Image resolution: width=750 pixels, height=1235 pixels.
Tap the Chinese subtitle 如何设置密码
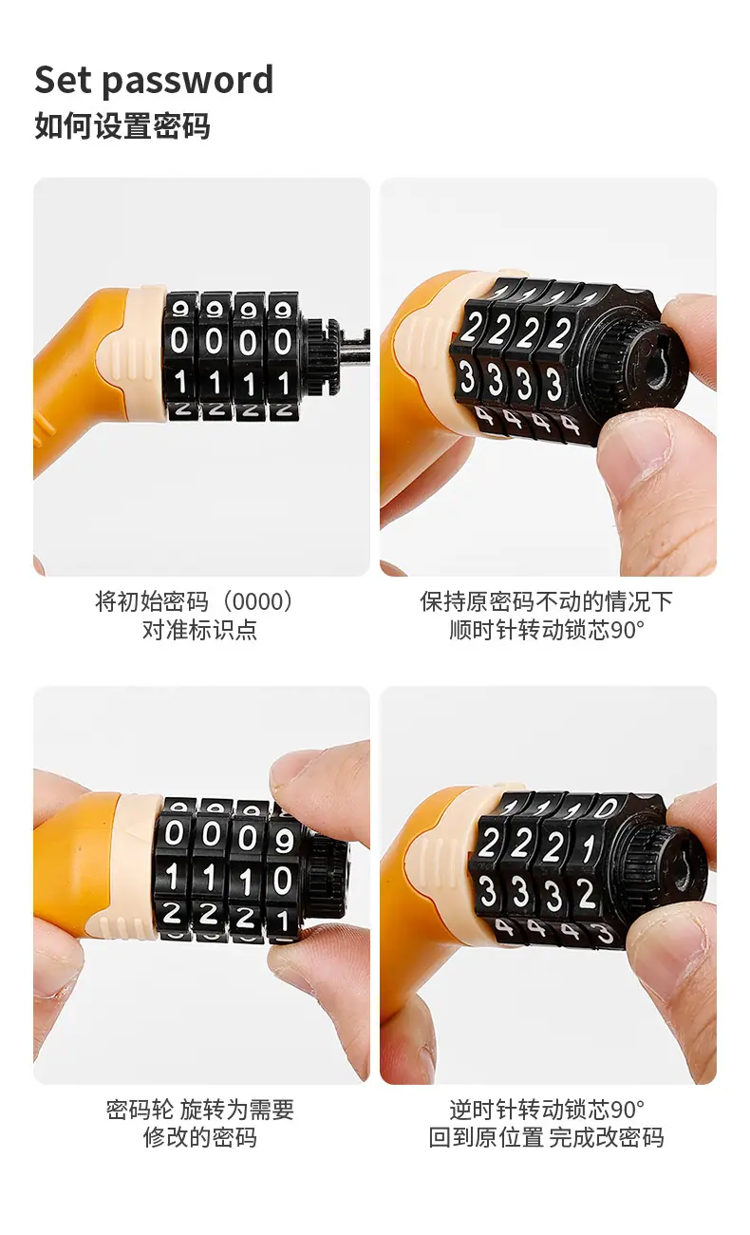[x=122, y=126]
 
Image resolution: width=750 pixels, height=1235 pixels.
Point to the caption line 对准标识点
[x=200, y=630]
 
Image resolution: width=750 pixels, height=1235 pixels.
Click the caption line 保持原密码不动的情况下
[x=546, y=601]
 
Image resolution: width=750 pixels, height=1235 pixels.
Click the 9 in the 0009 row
[x=284, y=841]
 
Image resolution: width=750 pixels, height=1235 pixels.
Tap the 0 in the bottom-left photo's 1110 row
[x=282, y=880]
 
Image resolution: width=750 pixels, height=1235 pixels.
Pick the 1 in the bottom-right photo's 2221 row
[x=589, y=848]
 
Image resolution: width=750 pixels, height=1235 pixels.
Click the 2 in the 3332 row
[x=587, y=894]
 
